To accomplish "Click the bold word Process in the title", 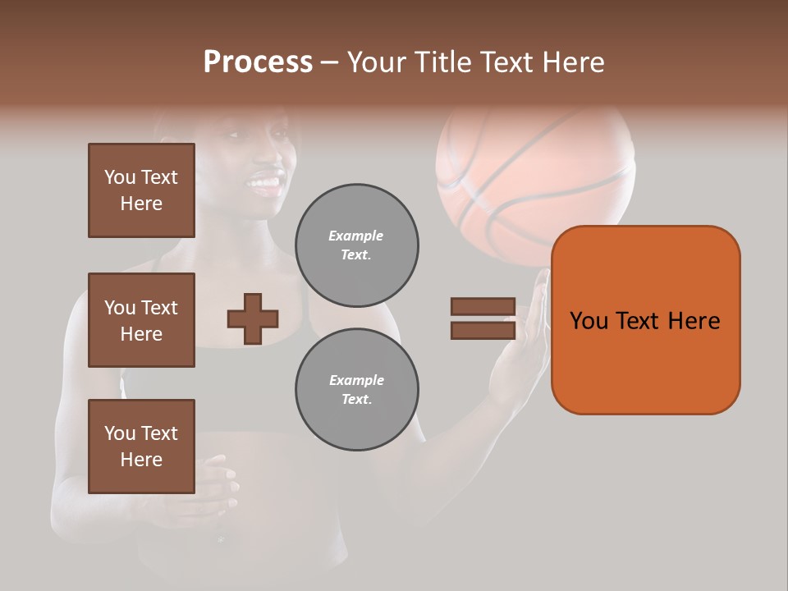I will pyautogui.click(x=258, y=62).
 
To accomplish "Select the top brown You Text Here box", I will pyautogui.click(x=141, y=190).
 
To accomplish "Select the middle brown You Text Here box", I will pyautogui.click(x=141, y=320).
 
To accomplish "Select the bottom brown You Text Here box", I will pyautogui.click(x=141, y=446).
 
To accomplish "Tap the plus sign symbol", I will pyautogui.click(x=253, y=318).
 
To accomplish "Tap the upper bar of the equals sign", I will pyautogui.click(x=483, y=307).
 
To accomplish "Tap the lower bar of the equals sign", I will pyautogui.click(x=483, y=331).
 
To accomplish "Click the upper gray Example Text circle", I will pyautogui.click(x=356, y=245).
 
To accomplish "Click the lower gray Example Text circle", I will pyautogui.click(x=356, y=389).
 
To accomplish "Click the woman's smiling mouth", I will pyautogui.click(x=265, y=181).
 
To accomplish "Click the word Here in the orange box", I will pyautogui.click(x=694, y=321).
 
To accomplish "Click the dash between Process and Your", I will pyautogui.click(x=329, y=63).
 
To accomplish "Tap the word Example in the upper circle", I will pyautogui.click(x=355, y=236).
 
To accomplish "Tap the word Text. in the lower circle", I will pyautogui.click(x=356, y=399).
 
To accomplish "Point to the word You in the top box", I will pyautogui.click(x=119, y=177).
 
